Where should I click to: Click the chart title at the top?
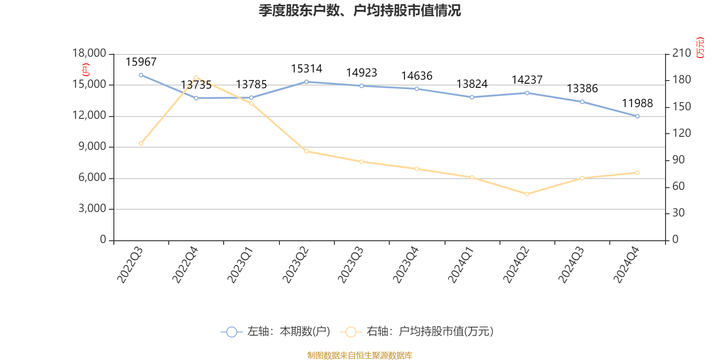tap(360, 10)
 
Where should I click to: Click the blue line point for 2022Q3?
tap(141, 75)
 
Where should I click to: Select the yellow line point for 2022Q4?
tap(196, 78)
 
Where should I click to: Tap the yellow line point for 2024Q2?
tap(527, 194)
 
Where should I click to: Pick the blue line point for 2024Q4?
tap(637, 117)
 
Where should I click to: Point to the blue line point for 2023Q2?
tap(306, 82)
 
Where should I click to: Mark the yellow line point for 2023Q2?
tap(306, 151)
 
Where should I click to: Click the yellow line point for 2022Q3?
tap(141, 144)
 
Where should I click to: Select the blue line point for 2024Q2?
tap(527, 93)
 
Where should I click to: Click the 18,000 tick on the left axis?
tap(89, 54)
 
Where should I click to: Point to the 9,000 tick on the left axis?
tap(92, 147)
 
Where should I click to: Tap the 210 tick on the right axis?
tap(681, 54)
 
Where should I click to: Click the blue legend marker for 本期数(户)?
tap(231, 332)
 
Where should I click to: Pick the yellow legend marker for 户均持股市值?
tap(351, 332)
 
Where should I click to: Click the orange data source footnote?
tap(360, 355)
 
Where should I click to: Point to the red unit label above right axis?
tap(700, 48)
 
